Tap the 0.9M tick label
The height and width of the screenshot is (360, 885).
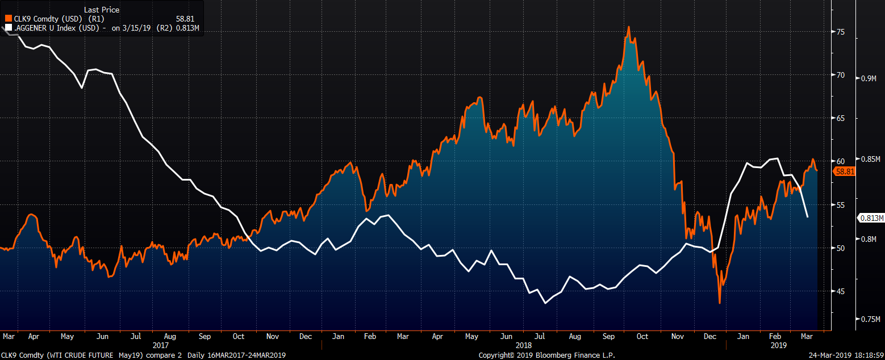click(869, 78)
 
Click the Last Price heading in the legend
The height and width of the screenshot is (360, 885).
click(102, 10)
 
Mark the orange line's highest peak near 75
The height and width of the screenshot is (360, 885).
click(628, 27)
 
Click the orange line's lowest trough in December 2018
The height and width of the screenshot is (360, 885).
click(720, 303)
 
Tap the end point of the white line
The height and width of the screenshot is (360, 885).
click(808, 217)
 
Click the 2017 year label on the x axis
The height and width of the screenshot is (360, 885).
click(161, 345)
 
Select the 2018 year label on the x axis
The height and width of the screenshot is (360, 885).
click(524, 345)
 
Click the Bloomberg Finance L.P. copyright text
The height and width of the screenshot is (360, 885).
click(531, 355)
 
